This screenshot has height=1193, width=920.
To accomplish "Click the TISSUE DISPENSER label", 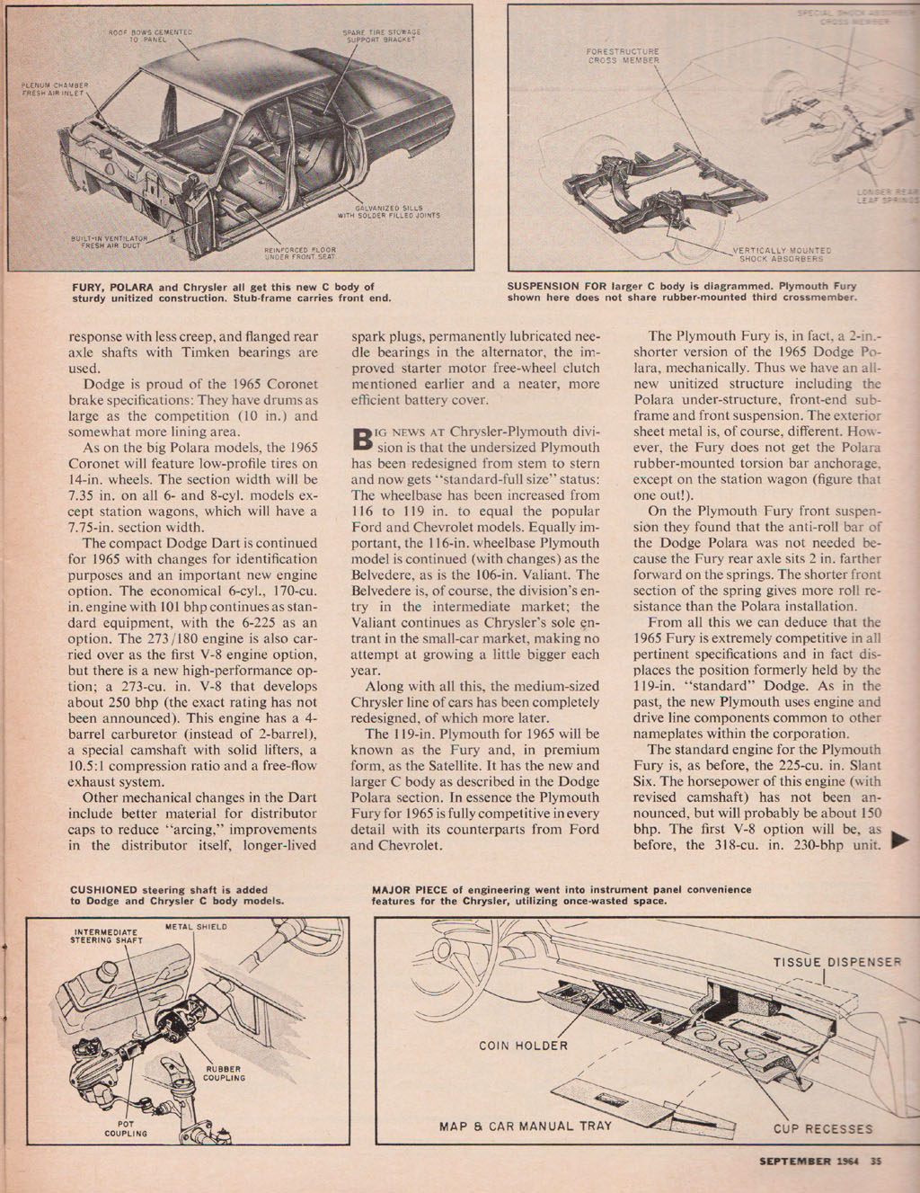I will click(x=837, y=962).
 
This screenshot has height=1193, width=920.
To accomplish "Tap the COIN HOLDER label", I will click(x=523, y=1045).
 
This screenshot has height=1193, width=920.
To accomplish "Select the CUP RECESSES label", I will click(x=823, y=1128).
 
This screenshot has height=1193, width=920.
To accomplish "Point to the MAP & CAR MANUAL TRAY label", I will click(x=526, y=1126).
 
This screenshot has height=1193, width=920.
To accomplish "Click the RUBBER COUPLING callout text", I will click(x=224, y=1073).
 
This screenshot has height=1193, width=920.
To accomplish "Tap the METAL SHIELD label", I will click(x=197, y=926).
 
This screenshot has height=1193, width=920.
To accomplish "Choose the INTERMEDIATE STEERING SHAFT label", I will click(x=106, y=936).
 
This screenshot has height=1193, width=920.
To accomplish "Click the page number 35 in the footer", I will click(x=878, y=1161).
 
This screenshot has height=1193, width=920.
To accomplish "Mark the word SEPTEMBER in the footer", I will click(x=795, y=1161).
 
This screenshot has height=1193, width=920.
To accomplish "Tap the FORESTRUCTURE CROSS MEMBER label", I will click(x=624, y=56).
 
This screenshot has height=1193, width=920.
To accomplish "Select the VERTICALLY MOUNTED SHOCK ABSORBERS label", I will click(x=781, y=254).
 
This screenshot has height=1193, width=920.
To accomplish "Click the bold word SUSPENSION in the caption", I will click(x=548, y=287).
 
